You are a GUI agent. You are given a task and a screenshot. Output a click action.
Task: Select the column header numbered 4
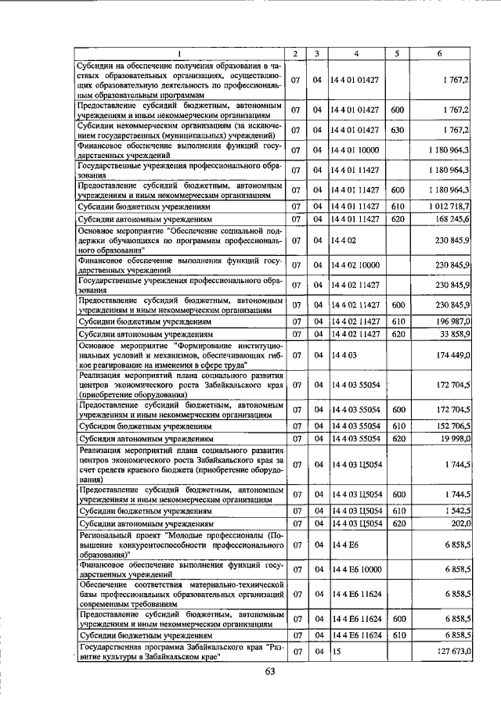[355, 53]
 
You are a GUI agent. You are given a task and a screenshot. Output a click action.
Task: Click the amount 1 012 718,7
[449, 207]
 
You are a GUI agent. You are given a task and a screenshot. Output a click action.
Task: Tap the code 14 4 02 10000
[355, 265]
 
